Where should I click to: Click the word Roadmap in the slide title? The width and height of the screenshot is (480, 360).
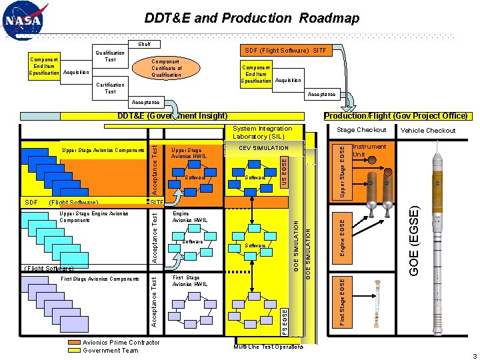point(329,18)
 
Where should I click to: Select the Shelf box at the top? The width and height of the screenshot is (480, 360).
point(144,44)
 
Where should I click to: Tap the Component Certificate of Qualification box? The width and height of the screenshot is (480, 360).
point(166,68)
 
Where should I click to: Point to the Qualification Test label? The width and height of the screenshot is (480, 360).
point(110,56)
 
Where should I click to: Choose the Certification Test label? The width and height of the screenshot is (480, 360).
point(110,88)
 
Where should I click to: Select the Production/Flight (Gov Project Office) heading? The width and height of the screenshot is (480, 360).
point(395,116)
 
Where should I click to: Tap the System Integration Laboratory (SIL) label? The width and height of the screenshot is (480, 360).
point(263,132)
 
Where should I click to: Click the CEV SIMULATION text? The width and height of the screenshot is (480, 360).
point(263,148)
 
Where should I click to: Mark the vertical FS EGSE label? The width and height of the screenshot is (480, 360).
point(284,321)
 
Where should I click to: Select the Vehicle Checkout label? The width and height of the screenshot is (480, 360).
point(427,131)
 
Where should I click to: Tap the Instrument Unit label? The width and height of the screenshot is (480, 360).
point(369,150)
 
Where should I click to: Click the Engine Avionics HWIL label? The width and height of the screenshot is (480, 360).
point(189,217)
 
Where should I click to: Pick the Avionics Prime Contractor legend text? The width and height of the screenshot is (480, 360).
point(121,343)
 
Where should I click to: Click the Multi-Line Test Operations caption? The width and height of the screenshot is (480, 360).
point(268,347)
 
